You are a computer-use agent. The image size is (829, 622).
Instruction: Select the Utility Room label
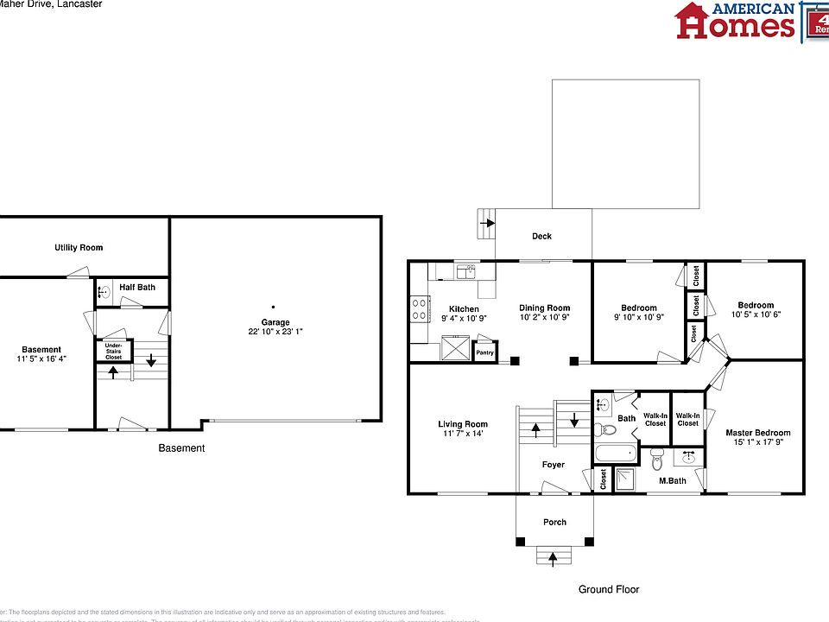coord(79,248)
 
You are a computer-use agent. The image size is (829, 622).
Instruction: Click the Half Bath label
coord(137,287)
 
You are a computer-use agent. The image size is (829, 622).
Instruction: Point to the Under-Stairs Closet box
coord(113,351)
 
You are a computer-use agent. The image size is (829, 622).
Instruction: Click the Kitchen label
coord(464,309)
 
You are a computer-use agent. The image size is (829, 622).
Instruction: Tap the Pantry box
coord(485,352)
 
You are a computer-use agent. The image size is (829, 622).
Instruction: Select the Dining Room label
coord(544,308)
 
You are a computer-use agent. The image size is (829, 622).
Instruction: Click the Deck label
coord(541,236)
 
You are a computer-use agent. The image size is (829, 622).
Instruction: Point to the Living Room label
coord(463,424)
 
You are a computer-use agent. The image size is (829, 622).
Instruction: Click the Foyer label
coord(554,465)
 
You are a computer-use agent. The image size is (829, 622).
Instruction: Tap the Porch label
coord(554,522)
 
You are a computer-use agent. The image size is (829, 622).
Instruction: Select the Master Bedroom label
coord(757,433)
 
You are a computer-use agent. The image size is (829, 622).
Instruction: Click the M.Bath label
coord(673,480)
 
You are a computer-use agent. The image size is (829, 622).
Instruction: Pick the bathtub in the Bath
coord(615,454)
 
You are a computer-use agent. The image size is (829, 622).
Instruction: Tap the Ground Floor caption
coord(609,589)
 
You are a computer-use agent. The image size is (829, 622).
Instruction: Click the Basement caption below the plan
coord(181,448)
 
